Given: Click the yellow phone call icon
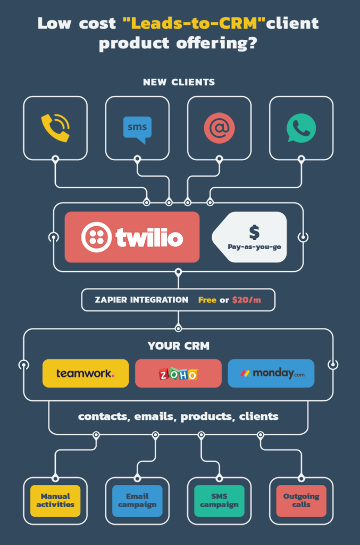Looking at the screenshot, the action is tap(55, 128).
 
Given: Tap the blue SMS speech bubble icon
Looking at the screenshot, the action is tap(138, 130).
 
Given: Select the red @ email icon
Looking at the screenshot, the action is tap(220, 128).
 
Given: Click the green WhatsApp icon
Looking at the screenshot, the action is tap(301, 128).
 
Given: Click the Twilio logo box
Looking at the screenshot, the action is tap(132, 237).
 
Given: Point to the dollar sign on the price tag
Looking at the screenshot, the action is tap(255, 232).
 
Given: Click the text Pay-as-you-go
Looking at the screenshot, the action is tap(255, 247).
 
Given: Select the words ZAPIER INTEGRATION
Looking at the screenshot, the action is tap(141, 300).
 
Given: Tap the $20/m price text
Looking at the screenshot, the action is tap(247, 300).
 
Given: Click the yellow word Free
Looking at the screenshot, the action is tap(207, 300).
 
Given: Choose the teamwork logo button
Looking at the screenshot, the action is tap(86, 373).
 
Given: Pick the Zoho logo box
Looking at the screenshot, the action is tap(178, 373).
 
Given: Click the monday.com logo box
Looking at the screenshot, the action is tap(271, 373).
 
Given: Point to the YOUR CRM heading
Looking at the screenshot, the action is tap(179, 346).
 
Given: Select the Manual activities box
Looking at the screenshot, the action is tap(55, 500).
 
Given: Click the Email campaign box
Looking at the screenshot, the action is tap(138, 500).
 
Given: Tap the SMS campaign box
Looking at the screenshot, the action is tap(220, 500).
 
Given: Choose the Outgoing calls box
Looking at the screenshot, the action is tap(302, 500).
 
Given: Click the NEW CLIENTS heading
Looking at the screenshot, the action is tap(179, 82).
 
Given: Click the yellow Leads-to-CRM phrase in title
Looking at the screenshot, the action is tap(194, 23).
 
